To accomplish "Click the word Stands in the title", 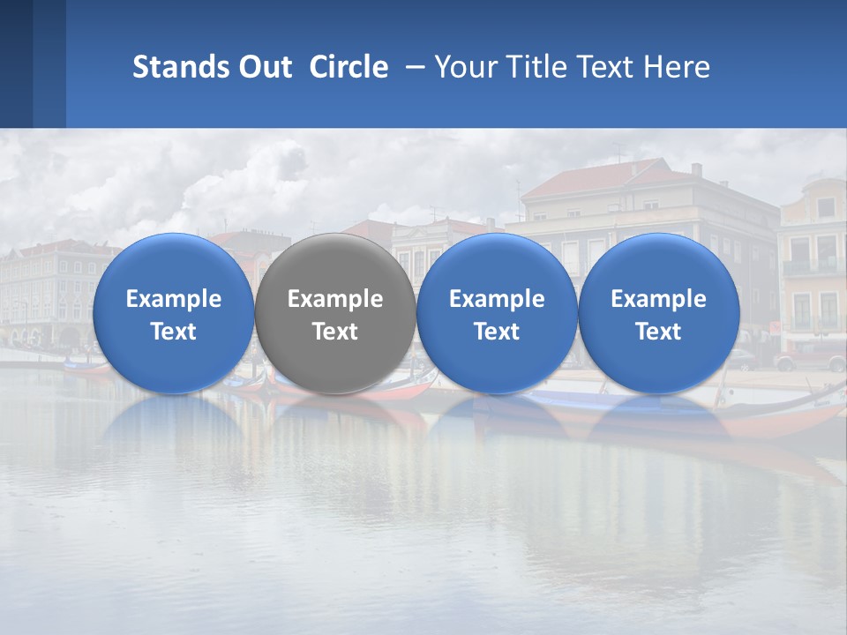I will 180,67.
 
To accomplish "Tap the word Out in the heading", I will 263,67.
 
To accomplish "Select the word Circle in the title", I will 349,67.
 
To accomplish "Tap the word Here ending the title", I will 677,67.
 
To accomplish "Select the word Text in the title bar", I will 606,67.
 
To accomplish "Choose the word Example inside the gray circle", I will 334,299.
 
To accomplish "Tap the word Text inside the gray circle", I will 334,332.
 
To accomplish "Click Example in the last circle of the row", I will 658,299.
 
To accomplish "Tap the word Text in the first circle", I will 173,332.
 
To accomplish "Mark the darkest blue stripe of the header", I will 16,63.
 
